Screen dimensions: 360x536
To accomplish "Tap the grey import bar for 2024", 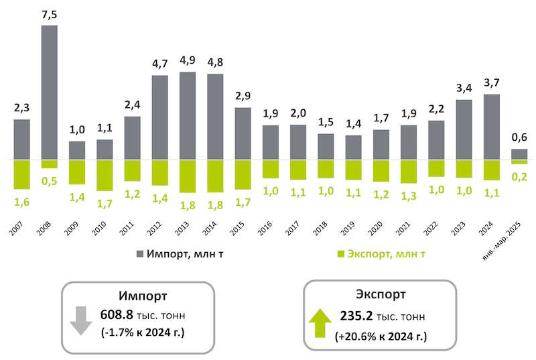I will tap(491, 127).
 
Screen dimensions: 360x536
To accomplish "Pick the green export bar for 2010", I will tap(105, 175).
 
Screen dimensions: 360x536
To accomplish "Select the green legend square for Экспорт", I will tap(340, 253).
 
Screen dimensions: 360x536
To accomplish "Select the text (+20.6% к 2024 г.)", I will tap(380, 335).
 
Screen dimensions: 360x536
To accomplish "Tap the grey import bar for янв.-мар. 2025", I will tap(519, 154).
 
